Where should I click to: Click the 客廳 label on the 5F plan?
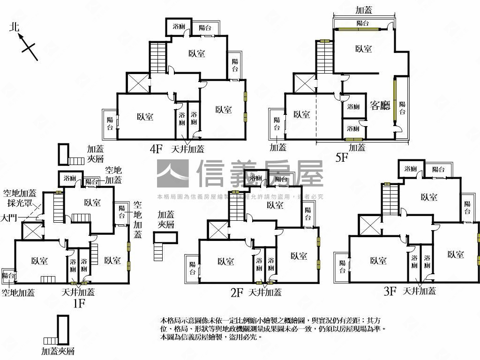[x=380, y=105]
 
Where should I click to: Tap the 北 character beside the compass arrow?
[x=15, y=27]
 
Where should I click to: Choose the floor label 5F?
[x=342, y=157]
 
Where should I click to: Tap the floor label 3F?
[x=390, y=292]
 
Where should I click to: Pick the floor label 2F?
[x=237, y=293]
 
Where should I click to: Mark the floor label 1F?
[x=78, y=303]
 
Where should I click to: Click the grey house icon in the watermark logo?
[x=172, y=173]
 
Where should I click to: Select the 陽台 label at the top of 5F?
[x=362, y=23]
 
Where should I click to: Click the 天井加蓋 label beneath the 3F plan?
[x=419, y=291]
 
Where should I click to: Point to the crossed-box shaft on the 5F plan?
[x=304, y=83]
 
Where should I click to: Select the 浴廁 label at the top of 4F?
[x=179, y=27]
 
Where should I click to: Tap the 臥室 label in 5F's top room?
[x=363, y=49]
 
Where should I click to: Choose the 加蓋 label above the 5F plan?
[x=364, y=10]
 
